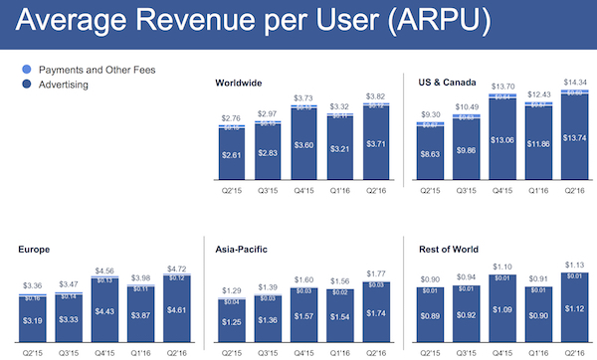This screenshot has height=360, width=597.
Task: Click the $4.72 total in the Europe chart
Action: click(176, 268)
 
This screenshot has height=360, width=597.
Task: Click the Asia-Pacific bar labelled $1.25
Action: click(231, 322)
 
